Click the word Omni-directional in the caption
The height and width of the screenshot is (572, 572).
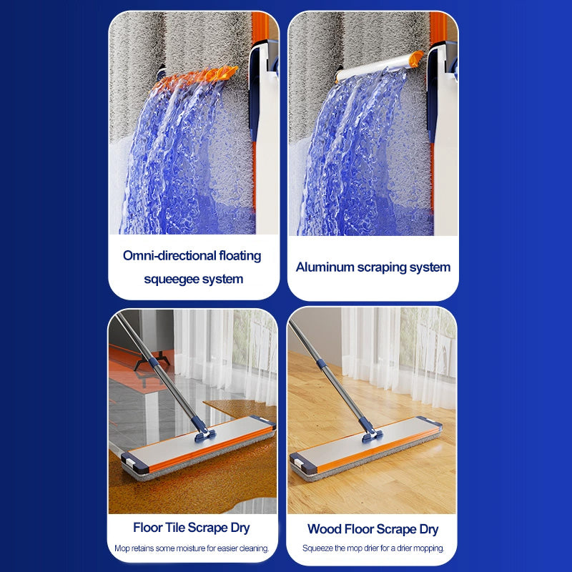click(169, 255)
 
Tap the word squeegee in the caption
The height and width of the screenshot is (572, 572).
click(172, 280)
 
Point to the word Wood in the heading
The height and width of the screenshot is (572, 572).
click(324, 528)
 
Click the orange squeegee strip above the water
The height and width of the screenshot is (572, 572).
click(196, 77)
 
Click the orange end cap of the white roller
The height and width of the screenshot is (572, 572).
click(416, 59)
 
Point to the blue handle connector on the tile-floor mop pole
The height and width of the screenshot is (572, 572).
click(154, 363)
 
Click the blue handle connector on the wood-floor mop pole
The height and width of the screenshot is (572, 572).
click(321, 364)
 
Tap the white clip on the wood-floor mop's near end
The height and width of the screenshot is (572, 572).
click(299, 463)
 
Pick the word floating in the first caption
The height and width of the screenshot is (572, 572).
click(240, 255)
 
